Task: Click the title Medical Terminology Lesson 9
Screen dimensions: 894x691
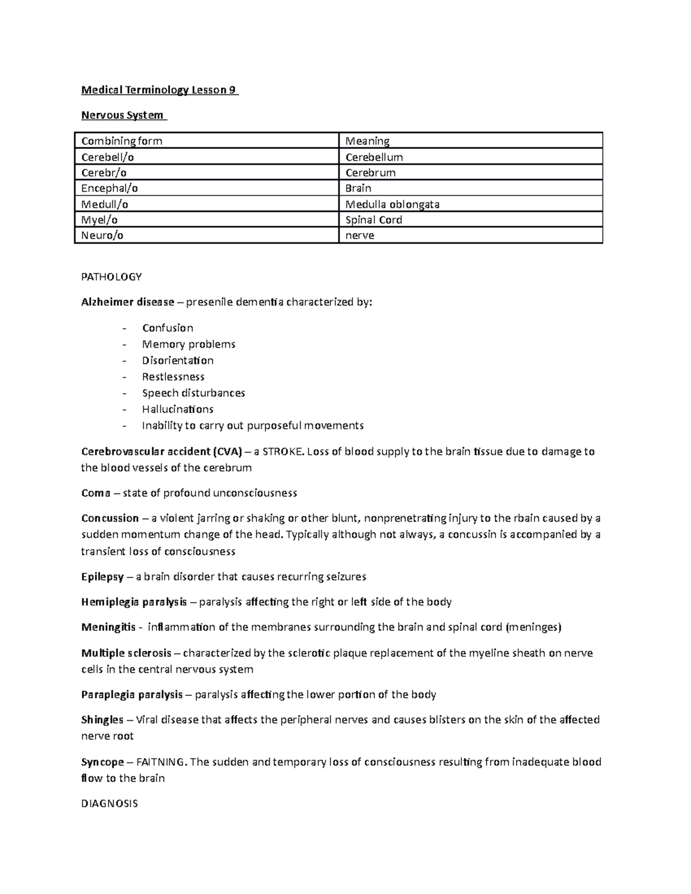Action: pyautogui.click(x=159, y=90)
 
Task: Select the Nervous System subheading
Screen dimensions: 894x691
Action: pyautogui.click(x=122, y=115)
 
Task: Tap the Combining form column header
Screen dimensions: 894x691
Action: pyautogui.click(x=122, y=141)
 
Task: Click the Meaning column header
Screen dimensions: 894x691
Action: pyautogui.click(x=367, y=141)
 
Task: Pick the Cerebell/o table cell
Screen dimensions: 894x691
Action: pyautogui.click(x=108, y=157)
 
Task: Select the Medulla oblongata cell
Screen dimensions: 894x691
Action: pyautogui.click(x=392, y=204)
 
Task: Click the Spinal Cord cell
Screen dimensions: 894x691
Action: pyautogui.click(x=374, y=220)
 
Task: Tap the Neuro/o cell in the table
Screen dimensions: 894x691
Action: pyautogui.click(x=102, y=235)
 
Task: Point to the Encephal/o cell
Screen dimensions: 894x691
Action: pyautogui.click(x=109, y=188)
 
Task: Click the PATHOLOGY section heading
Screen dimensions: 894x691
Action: pyautogui.click(x=111, y=276)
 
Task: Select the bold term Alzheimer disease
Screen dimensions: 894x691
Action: pyautogui.click(x=127, y=302)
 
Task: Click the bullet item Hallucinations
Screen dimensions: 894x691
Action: pyautogui.click(x=177, y=409)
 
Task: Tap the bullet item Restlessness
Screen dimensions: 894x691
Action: pyautogui.click(x=173, y=377)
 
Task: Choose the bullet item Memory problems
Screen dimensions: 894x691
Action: pyautogui.click(x=188, y=344)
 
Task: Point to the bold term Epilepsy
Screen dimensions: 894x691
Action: pyautogui.click(x=102, y=577)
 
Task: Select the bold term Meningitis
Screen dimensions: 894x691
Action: pyautogui.click(x=108, y=627)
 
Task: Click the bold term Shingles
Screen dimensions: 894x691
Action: pyautogui.click(x=102, y=720)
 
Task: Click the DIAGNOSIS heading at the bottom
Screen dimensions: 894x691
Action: pyautogui.click(x=109, y=804)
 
